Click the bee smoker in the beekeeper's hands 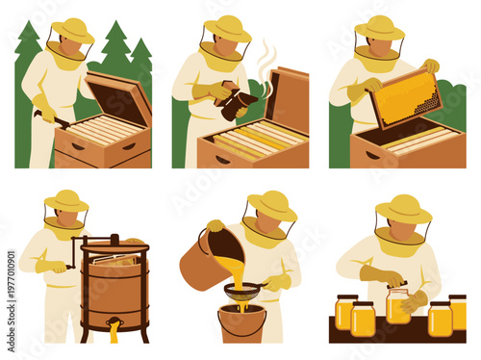click(x=235, y=102)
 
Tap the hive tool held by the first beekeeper click(x=54, y=119)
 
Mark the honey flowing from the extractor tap click(x=114, y=333)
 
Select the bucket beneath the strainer click(x=241, y=322)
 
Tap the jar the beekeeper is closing click(x=397, y=306)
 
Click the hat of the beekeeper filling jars click(x=403, y=208)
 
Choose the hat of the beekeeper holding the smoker click(x=227, y=29)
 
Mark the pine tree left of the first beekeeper click(x=26, y=58)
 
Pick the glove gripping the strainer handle click(x=276, y=282)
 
